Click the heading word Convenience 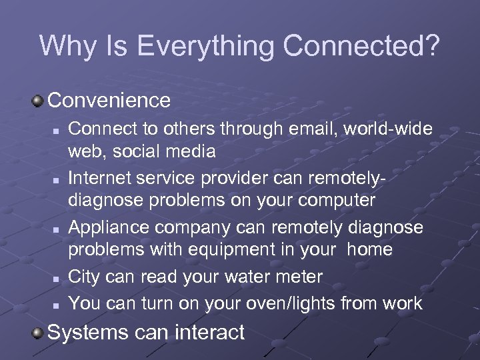(x=109, y=101)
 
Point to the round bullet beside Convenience (x=38, y=101)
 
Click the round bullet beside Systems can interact (x=38, y=332)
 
